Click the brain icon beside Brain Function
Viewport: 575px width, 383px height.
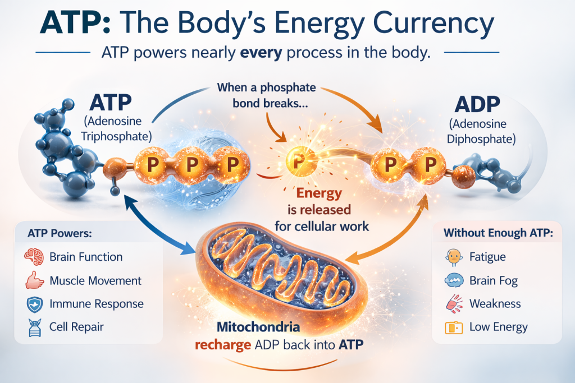click(34, 257)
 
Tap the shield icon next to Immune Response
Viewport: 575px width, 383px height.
click(34, 304)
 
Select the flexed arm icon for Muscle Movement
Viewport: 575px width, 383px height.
click(34, 280)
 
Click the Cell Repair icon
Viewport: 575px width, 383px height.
click(34, 327)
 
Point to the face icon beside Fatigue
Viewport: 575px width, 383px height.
click(453, 257)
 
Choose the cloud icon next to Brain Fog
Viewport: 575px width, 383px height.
click(453, 281)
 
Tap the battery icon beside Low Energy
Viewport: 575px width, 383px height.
click(453, 327)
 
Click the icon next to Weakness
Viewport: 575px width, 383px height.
click(453, 304)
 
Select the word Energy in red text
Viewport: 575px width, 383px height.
click(319, 194)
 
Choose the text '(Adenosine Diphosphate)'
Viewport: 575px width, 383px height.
click(477, 131)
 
